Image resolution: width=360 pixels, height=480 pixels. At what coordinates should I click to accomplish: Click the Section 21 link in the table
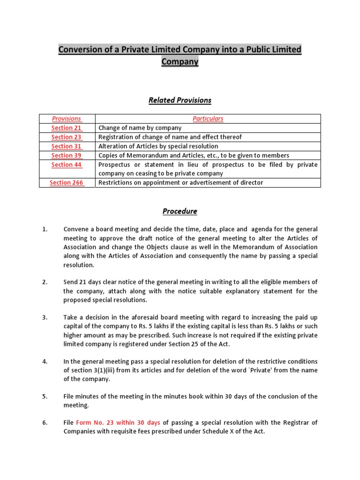[x=67, y=128]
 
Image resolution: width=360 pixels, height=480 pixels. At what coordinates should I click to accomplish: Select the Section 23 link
[x=67, y=137]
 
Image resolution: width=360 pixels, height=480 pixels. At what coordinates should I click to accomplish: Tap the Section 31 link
[x=67, y=146]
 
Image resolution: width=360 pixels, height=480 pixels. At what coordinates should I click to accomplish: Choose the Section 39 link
[x=67, y=156]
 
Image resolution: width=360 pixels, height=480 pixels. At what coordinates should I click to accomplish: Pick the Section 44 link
[x=67, y=165]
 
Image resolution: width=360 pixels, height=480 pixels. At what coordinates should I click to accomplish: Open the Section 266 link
[x=67, y=183]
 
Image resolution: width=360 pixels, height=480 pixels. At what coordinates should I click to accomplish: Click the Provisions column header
[x=67, y=119]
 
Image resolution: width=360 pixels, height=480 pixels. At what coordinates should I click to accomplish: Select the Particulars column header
[x=208, y=119]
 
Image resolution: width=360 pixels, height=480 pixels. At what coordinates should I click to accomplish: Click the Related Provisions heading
[x=180, y=100]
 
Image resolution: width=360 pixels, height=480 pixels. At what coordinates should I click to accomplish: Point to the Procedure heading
[x=180, y=211]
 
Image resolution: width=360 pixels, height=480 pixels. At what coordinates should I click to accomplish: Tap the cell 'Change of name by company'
[x=140, y=128]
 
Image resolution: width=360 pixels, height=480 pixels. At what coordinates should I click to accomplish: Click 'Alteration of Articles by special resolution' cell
[x=158, y=146]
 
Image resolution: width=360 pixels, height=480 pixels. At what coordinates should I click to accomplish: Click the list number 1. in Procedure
[x=45, y=230]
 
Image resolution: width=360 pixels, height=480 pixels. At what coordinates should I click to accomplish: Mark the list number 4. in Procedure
[x=45, y=361]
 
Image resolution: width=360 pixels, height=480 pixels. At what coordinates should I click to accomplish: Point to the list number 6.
[x=45, y=423]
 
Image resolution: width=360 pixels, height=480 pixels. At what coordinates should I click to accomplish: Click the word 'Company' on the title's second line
[x=180, y=62]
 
